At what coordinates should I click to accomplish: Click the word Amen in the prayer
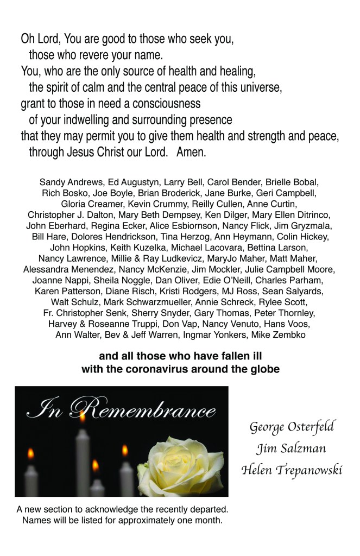[x=191, y=153]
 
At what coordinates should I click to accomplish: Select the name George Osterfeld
[x=292, y=427]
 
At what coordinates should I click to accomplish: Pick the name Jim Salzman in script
[x=292, y=448]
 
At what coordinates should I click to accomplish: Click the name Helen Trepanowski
[x=292, y=470]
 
